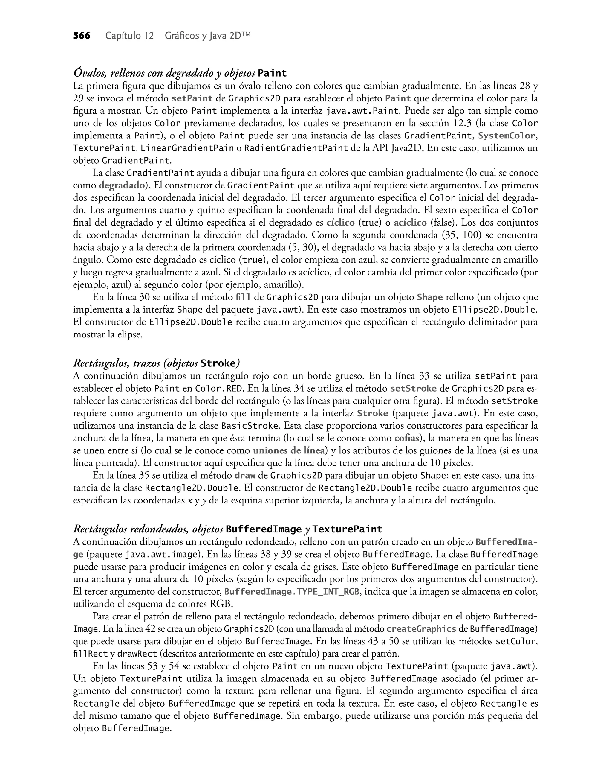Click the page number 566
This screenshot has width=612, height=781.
click(82, 36)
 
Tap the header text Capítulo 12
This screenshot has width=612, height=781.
click(129, 36)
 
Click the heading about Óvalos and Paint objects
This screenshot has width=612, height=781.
click(180, 73)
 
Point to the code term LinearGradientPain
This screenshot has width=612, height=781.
click(187, 148)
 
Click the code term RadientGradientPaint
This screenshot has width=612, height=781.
click(296, 148)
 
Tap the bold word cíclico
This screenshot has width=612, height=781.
click(340, 223)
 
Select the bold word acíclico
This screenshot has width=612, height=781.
click(410, 223)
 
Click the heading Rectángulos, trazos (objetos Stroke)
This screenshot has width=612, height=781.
click(156, 363)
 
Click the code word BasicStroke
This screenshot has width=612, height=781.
click(250, 426)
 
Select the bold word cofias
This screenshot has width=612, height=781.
click(407, 438)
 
